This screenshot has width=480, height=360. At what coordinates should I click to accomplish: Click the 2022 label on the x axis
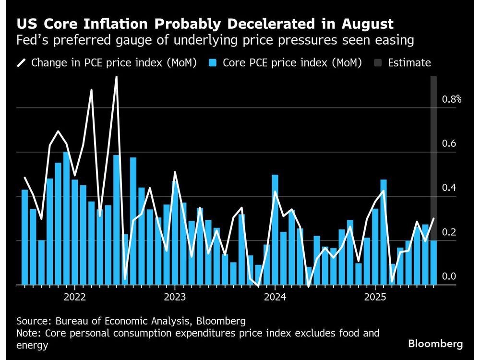click(x=74, y=297)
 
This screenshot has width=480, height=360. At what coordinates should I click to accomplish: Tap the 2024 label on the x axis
click(x=275, y=297)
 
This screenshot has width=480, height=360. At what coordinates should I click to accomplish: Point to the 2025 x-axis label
click(x=375, y=297)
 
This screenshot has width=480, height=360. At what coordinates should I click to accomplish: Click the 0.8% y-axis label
click(x=452, y=100)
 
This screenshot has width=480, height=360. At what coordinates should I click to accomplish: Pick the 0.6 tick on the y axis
click(x=449, y=144)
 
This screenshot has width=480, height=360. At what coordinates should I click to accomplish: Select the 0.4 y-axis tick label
click(x=449, y=188)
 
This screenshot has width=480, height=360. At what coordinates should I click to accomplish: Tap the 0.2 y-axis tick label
click(x=449, y=232)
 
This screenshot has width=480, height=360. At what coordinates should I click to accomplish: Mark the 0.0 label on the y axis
click(x=449, y=276)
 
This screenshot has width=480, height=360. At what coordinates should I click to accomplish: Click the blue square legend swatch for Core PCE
click(x=214, y=63)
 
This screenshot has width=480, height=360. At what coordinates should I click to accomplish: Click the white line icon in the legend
click(x=22, y=63)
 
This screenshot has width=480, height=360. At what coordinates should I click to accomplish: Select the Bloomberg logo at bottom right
click(x=435, y=344)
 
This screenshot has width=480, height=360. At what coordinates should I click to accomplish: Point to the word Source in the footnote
click(x=32, y=321)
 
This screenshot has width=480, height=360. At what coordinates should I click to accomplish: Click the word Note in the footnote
click(x=27, y=333)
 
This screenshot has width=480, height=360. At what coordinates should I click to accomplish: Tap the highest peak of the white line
click(x=116, y=77)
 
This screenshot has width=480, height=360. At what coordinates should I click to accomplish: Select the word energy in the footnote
click(x=32, y=345)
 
